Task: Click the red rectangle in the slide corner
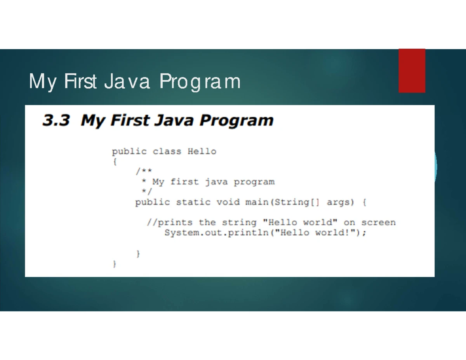412,71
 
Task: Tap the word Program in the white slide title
200,82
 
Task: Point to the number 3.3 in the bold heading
56,120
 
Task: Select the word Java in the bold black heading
174,120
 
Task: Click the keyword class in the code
167,151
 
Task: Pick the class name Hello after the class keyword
202,151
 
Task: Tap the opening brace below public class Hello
115,162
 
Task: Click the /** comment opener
144,171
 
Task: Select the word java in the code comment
216,182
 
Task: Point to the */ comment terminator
147,191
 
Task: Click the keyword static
193,202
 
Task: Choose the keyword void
228,202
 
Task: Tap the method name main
257,202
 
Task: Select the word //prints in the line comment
170,223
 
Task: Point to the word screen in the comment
379,223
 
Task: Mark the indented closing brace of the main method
138,254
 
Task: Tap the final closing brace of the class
115,264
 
